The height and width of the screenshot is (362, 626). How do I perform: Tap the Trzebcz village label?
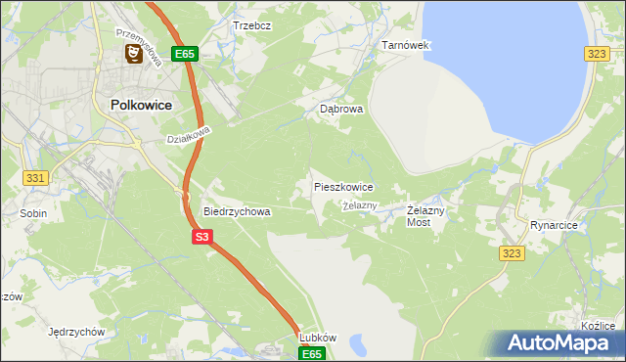pos(251,24)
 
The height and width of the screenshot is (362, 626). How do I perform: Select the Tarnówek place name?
pos(405,45)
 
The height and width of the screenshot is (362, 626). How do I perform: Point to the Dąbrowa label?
pos(341,110)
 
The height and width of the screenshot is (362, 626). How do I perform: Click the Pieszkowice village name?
pos(342,186)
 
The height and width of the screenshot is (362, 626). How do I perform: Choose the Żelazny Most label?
pos(425,216)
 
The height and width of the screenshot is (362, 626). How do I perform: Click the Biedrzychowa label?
pos(236,210)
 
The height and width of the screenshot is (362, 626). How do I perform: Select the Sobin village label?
pos(33,211)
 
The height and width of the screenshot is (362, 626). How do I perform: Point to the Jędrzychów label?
pos(75,332)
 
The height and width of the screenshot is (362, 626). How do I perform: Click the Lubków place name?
pos(317,338)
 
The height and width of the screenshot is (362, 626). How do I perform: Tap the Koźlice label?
pos(597,326)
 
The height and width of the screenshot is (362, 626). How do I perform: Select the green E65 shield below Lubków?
pos(311,353)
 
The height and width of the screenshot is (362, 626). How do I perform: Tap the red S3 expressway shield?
pos(202,236)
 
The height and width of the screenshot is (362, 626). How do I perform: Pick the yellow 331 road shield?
pos(35,177)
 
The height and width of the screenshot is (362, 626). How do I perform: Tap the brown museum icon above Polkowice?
pos(131,55)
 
